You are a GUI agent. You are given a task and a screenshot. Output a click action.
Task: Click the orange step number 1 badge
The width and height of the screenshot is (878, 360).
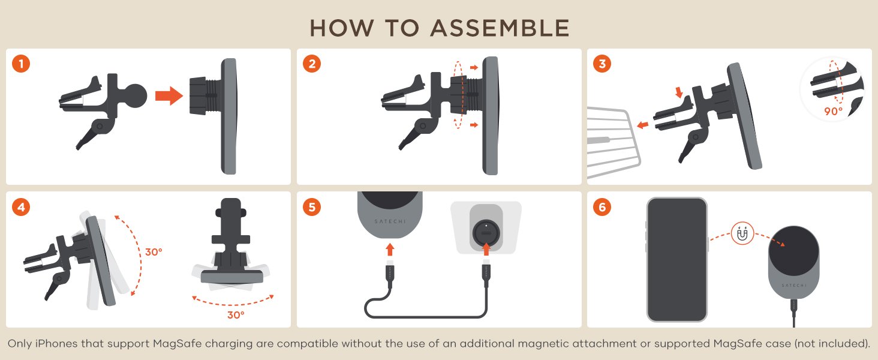[x=21, y=64]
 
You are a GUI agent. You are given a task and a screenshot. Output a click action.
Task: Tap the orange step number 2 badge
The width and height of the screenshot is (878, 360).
[x=312, y=64]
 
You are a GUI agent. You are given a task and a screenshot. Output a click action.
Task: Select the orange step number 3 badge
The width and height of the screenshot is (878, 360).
[x=603, y=64]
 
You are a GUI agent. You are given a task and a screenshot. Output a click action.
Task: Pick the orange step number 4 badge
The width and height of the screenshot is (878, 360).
[x=21, y=207]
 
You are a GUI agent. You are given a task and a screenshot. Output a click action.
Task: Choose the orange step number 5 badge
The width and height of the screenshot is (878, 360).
[x=312, y=207]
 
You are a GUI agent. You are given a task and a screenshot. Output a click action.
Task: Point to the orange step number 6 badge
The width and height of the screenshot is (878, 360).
[x=603, y=207]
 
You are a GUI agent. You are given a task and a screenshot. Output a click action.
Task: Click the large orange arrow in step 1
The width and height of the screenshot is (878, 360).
[x=169, y=96]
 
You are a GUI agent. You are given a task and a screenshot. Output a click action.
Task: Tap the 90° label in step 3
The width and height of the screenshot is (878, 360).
[x=833, y=112]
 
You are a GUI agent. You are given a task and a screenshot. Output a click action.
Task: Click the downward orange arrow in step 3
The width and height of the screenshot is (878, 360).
[x=679, y=92]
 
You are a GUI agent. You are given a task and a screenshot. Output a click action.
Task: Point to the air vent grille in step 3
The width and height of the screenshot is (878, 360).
[x=614, y=142]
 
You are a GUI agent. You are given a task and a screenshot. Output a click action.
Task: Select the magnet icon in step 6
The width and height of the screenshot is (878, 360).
[x=742, y=234]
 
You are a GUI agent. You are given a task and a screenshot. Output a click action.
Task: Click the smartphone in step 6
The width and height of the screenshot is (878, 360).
[x=677, y=260]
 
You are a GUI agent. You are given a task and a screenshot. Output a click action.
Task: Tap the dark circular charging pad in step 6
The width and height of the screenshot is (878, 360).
[x=793, y=251]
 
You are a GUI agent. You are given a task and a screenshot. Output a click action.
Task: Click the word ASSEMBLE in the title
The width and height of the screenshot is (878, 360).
[x=500, y=28]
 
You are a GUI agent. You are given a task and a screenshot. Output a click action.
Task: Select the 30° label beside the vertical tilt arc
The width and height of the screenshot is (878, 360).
[x=154, y=252]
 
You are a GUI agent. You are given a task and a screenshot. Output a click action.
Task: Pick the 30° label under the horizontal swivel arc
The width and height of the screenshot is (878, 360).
[x=236, y=315]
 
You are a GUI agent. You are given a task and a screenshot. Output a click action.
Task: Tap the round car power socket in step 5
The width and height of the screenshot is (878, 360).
[x=486, y=233]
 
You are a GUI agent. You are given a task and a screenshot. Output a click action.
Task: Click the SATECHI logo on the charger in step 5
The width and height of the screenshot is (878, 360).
[x=390, y=221]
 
